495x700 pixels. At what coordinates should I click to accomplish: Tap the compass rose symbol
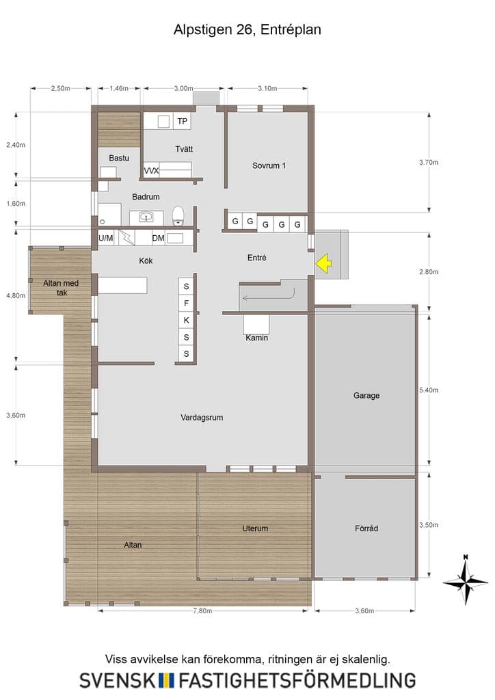pos(466,581)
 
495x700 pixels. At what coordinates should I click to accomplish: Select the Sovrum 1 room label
pos(269,165)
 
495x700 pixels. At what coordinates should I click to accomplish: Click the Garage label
pos(366,396)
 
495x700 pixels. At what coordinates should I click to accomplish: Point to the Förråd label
pos(366,528)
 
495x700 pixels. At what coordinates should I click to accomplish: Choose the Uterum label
pos(255,528)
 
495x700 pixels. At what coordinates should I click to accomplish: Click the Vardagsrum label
pos(202,418)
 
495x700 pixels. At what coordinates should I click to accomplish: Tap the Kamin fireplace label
pos(256,338)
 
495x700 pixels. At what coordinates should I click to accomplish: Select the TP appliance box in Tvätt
pos(182,121)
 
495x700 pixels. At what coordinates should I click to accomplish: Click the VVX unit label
pos(151,170)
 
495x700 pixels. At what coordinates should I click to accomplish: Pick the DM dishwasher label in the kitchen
pos(158,239)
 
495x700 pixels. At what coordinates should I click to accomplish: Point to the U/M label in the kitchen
pos(106,239)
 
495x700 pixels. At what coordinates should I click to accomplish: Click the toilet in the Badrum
pos(178,215)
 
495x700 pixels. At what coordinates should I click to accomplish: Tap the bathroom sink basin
pos(146,217)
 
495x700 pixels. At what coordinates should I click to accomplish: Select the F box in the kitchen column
pos(186,304)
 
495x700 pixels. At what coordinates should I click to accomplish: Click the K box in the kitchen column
pos(186,320)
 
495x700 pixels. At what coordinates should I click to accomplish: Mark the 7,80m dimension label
pos(202,610)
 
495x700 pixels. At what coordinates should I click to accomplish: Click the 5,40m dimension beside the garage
pos(429,390)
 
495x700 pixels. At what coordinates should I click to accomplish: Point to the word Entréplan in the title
pos(291,30)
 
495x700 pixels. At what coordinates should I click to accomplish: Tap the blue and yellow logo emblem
pos(167,680)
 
